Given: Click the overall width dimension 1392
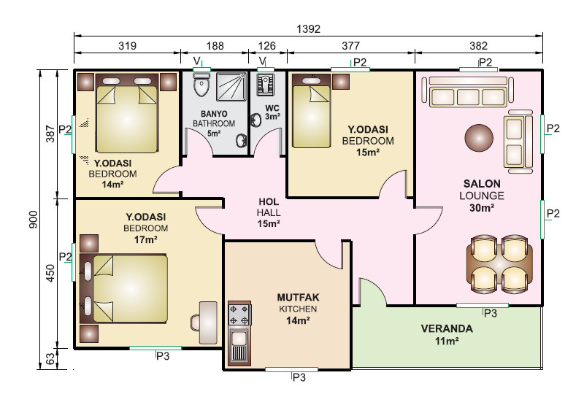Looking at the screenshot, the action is point(308,28).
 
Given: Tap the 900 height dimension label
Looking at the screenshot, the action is point(33,220).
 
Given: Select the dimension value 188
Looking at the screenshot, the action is point(215,46).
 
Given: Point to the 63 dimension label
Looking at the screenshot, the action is point(50,359).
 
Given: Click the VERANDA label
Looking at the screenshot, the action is point(447,328).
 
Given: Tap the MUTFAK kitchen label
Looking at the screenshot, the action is point(298,298).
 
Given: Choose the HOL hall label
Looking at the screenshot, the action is point(269,201).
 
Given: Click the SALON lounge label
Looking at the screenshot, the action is point(482,183).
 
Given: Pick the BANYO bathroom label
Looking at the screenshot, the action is point(214,114).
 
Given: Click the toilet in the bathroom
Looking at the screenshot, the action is point(201,85).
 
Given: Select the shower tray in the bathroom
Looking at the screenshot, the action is point(231,87).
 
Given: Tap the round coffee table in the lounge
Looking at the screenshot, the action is point(479,138).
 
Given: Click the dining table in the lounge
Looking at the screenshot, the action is point(499,264).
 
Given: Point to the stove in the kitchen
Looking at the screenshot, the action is point(239,315).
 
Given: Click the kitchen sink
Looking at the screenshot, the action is point(239,344).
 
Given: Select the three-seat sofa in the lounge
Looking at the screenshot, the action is point(468,92).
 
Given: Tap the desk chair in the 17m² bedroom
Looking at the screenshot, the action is point(196,323).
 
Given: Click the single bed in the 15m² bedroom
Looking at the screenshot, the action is point(312,112).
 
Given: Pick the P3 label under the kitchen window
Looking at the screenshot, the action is point(299,377).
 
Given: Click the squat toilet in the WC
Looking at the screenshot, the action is point(265,85).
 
